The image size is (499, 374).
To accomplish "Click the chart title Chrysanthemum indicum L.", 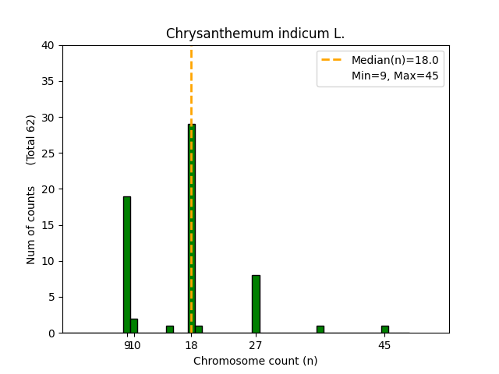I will [255, 34].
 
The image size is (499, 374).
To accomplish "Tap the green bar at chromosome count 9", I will [126, 265].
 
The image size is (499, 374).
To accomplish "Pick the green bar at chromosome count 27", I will [256, 304].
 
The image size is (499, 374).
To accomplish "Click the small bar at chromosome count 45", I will [384, 330].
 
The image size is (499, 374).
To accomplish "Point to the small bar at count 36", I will [320, 330].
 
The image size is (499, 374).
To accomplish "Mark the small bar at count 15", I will [169, 330].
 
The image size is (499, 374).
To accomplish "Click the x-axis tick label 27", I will [256, 345].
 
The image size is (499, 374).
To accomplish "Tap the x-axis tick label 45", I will [384, 345].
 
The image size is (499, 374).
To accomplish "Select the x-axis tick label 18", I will [191, 345].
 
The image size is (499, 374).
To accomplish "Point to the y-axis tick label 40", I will [48, 46].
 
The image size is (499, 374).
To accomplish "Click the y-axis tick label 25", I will [48, 153].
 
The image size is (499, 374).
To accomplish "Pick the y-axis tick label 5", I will [51, 297].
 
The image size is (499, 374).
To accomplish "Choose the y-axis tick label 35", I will [48, 82].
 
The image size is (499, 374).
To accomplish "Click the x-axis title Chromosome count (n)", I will [255, 361].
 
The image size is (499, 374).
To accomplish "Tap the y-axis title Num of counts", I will [31, 225].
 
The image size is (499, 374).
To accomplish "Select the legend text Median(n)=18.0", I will [395, 60].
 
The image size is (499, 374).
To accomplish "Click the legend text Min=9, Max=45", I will [395, 75].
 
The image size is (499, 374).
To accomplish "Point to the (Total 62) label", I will [31, 139].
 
